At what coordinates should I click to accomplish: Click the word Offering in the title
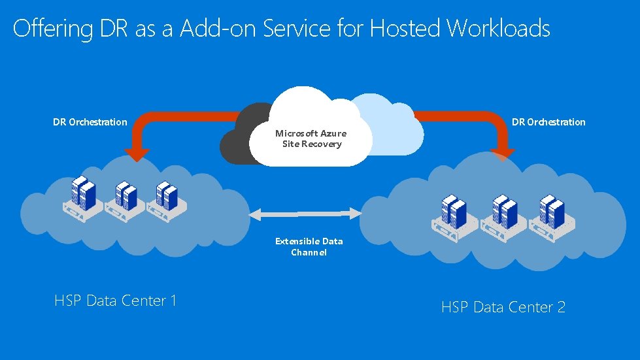pyautogui.click(x=50, y=29)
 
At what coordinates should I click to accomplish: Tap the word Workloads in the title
pyautogui.click(x=498, y=29)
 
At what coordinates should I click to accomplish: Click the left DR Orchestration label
pyautogui.click(x=90, y=122)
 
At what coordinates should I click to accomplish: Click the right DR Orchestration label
pyautogui.click(x=548, y=122)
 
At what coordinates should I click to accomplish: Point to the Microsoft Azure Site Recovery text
pyautogui.click(x=311, y=139)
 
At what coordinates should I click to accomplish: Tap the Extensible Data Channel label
pyautogui.click(x=309, y=246)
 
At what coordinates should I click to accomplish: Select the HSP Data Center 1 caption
pyautogui.click(x=116, y=301)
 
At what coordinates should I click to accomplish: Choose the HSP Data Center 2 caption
pyautogui.click(x=503, y=306)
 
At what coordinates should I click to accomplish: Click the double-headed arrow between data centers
pyautogui.click(x=305, y=213)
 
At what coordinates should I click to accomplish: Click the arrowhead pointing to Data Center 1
pyautogui.click(x=137, y=152)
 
